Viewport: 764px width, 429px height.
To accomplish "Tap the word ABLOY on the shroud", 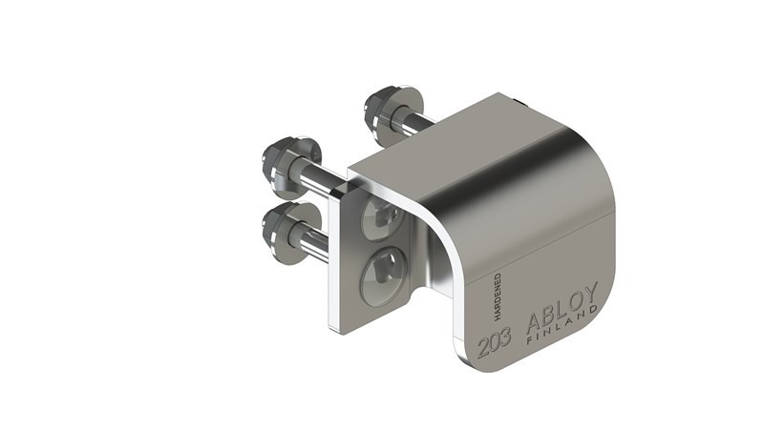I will pyautogui.click(x=562, y=306).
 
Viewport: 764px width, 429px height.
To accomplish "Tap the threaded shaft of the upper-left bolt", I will pyautogui.click(x=320, y=177).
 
